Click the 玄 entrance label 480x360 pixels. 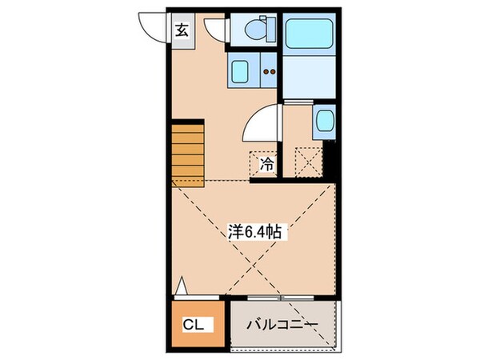pos(182,32)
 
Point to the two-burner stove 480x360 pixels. pos(269,72)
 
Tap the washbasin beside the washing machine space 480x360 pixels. pos(324,122)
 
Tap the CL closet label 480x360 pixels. pos(194,324)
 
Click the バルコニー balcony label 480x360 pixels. pos(282,324)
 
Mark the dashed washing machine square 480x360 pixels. pos(308,160)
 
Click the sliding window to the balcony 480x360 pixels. pos(281,298)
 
